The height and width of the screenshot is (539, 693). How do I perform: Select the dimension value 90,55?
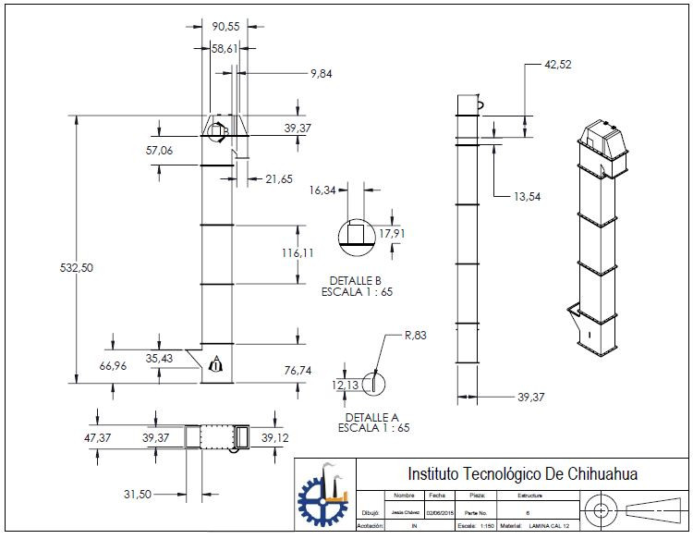[225, 26]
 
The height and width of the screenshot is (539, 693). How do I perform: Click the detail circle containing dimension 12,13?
[373, 382]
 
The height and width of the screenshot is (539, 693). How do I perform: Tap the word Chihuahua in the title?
[596, 474]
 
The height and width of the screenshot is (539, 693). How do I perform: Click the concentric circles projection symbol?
[602, 509]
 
